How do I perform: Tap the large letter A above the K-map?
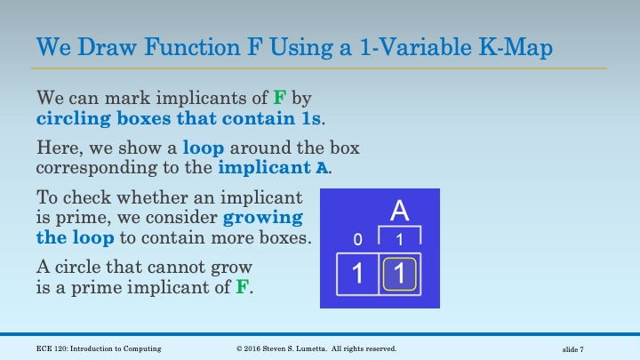point(399,212)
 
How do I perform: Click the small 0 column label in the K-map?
point(356,241)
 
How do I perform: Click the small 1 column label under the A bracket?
point(400,241)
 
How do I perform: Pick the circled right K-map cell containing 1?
point(400,274)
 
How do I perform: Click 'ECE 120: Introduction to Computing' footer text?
point(99,348)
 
